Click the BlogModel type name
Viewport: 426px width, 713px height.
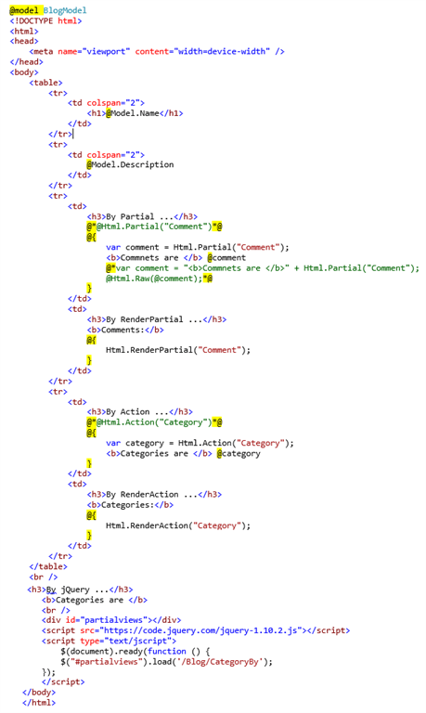[x=65, y=10]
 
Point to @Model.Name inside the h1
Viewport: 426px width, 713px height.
[x=133, y=113]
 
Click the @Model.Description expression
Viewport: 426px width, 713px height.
[x=130, y=164]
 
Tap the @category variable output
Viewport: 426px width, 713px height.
[x=239, y=453]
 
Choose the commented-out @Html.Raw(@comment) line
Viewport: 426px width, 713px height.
[x=159, y=279]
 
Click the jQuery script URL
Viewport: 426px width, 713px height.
[x=201, y=630]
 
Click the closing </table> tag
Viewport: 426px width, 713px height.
[x=48, y=566]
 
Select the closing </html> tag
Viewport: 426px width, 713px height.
[x=39, y=703]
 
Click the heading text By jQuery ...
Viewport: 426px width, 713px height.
[x=68, y=590]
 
